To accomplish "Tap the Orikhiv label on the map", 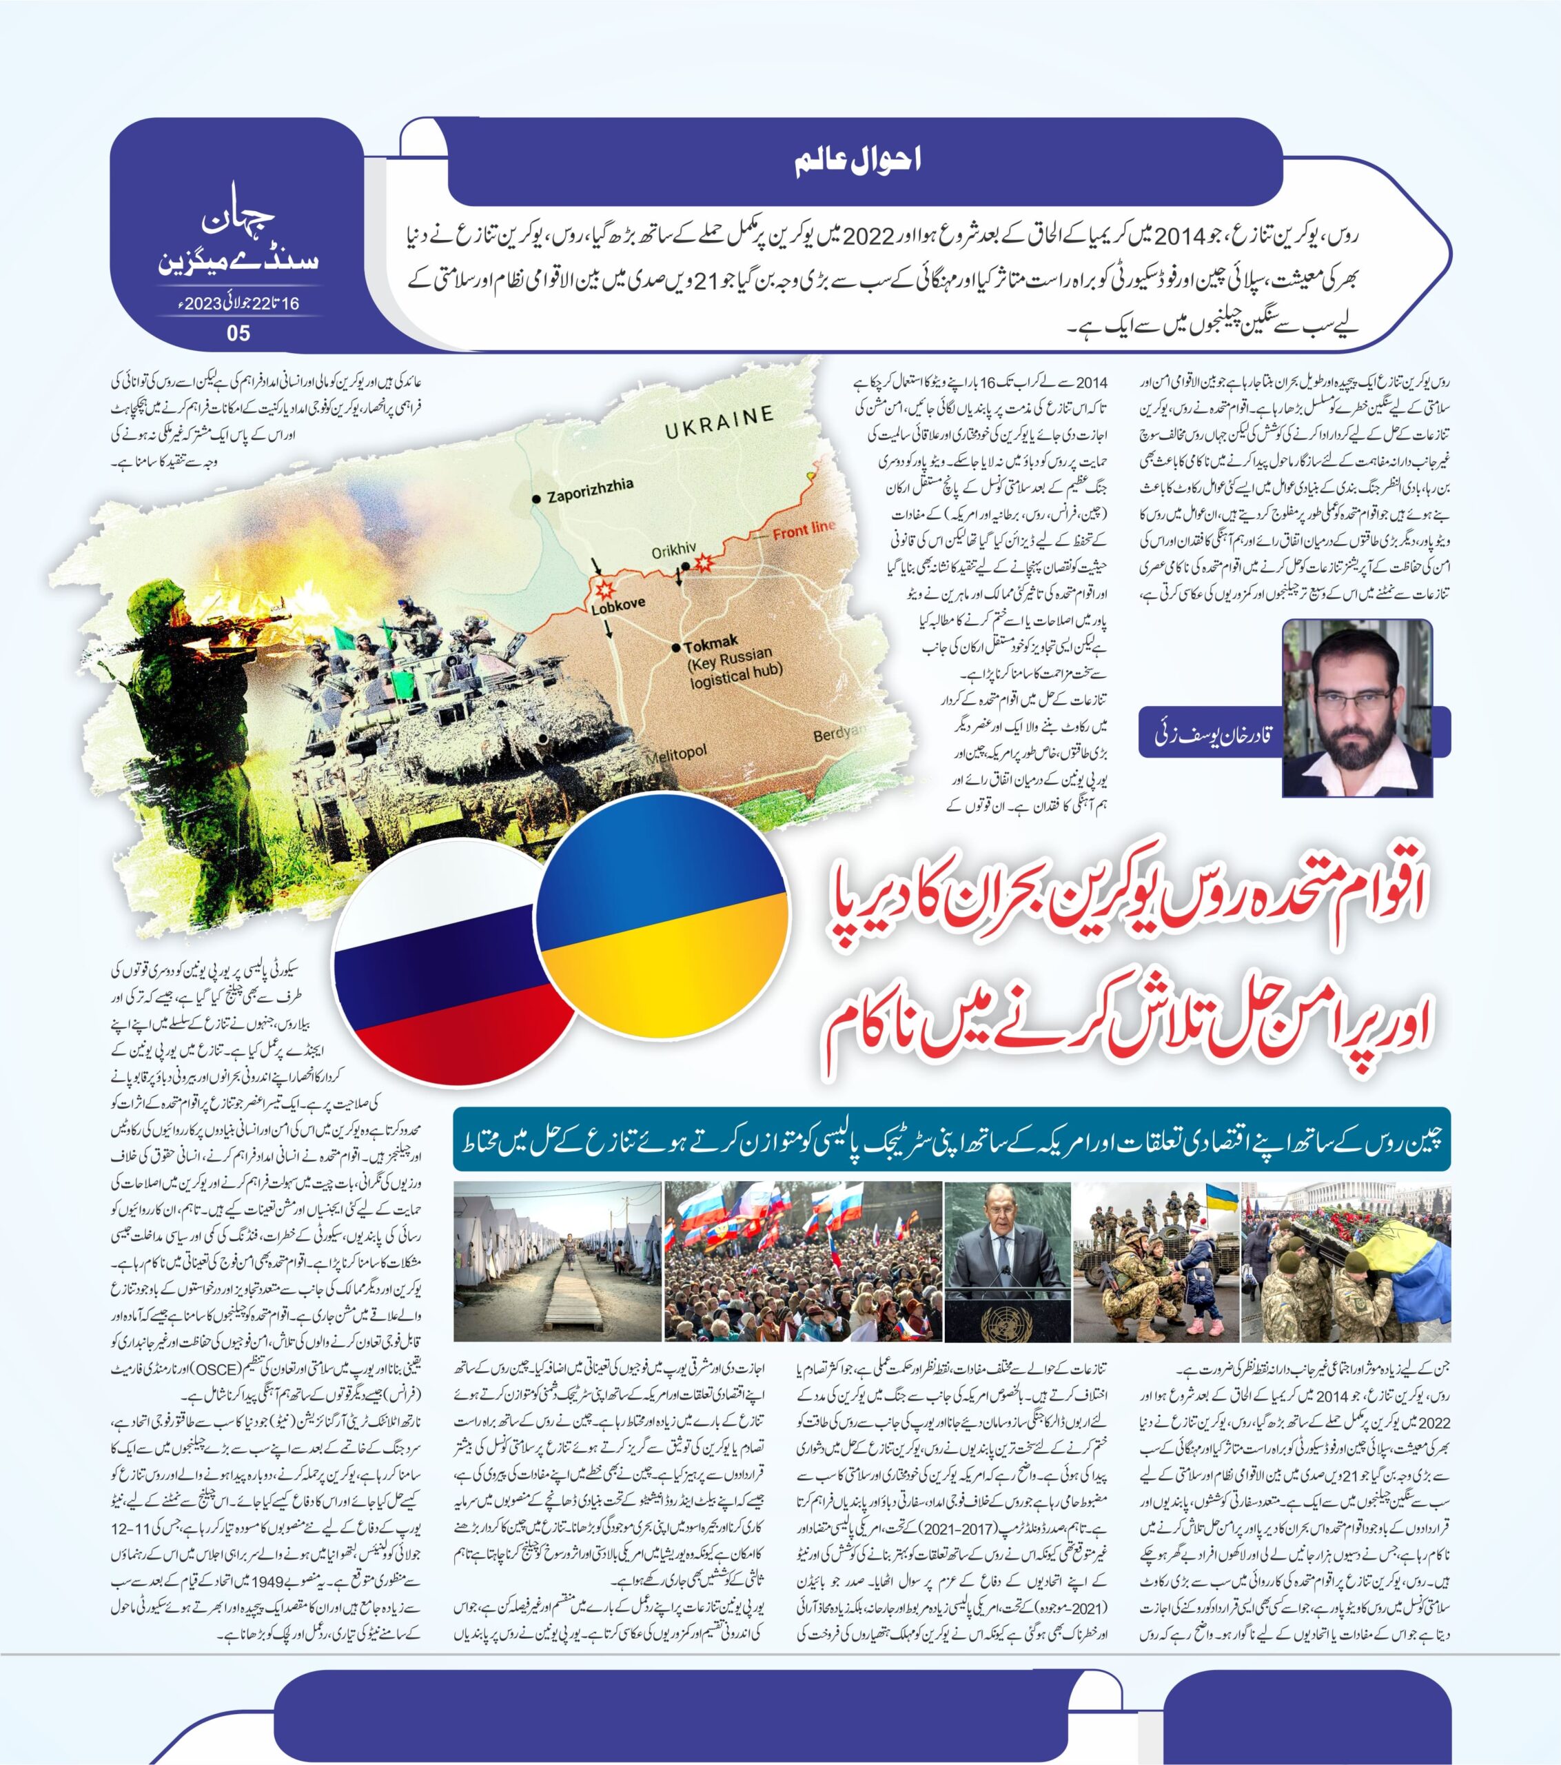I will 673,549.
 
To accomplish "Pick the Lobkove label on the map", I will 618,605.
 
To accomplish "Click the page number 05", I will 238,333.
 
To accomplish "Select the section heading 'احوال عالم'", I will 857,161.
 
